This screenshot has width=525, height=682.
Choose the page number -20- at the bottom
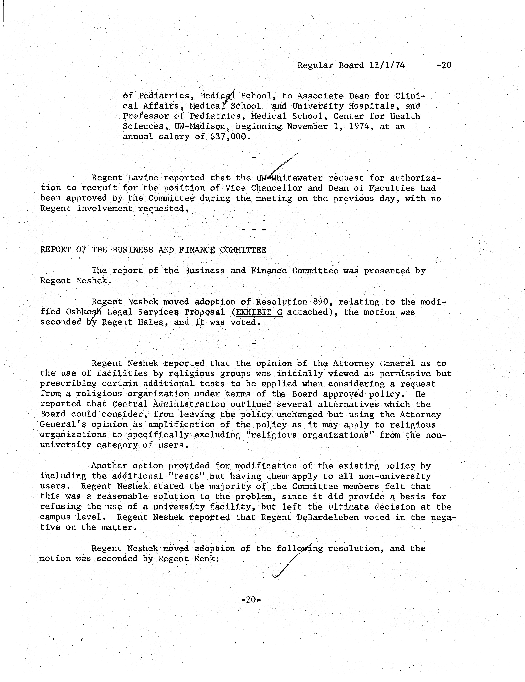[251, 600]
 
